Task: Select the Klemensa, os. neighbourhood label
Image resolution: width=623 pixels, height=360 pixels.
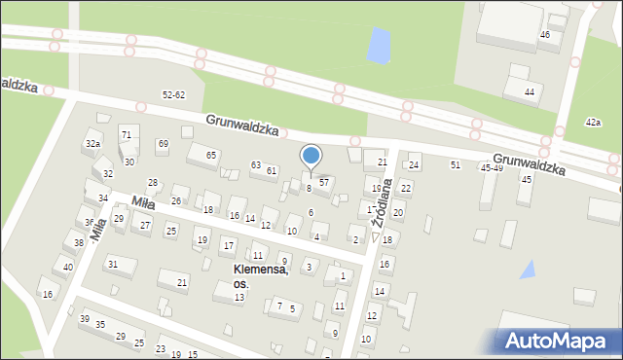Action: coord(260,275)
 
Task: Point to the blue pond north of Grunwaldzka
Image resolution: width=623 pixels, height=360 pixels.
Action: coord(378,45)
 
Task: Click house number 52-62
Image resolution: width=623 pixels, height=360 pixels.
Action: coord(174,94)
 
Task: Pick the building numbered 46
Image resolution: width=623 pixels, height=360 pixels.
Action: coord(545,34)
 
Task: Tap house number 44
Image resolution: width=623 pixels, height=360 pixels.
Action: coord(530,91)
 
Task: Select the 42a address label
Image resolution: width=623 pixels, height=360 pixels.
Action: coord(593,122)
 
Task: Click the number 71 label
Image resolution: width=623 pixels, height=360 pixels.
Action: coord(126,133)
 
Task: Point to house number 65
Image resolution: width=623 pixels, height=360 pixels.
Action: coord(210,155)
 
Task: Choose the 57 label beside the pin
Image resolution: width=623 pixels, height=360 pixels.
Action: coord(325,182)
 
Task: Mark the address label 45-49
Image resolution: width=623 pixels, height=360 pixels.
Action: coord(492,167)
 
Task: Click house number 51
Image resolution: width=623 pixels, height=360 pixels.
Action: coord(456,164)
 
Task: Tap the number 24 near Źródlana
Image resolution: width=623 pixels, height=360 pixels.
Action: coord(414,165)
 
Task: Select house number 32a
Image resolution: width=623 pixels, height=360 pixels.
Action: coord(92,143)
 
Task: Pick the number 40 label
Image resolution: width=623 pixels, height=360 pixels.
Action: coord(67,267)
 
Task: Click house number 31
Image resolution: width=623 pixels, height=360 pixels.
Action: coord(113,264)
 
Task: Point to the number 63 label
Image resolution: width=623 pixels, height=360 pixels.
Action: coord(256,165)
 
